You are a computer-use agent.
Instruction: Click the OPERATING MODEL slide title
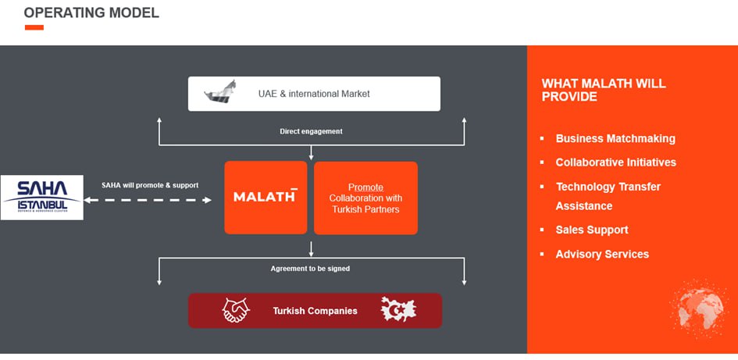pos(91,12)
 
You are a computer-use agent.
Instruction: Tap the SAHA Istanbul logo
pos(42,197)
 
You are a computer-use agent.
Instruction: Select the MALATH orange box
pos(266,197)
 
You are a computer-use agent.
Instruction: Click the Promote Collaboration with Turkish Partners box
pos(365,198)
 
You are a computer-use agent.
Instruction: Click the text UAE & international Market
pos(314,94)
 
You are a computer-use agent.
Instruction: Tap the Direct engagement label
pos(311,131)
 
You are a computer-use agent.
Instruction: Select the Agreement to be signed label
pos(310,269)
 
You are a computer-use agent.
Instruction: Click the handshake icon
pos(236,310)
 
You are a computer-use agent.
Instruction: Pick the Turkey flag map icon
pos(398,310)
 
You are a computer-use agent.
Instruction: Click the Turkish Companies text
pos(315,311)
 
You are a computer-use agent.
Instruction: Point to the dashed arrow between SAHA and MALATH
pos(148,200)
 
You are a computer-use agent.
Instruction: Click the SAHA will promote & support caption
pos(150,185)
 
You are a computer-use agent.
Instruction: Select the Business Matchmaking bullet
pos(615,138)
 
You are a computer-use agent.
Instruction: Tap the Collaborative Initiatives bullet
pos(615,162)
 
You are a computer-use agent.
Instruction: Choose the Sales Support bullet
pos(591,230)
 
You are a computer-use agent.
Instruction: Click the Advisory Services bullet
pos(602,254)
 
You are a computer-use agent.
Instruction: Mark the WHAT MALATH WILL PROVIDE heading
pos(604,90)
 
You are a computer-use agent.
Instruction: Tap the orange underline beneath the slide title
pos(34,27)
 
